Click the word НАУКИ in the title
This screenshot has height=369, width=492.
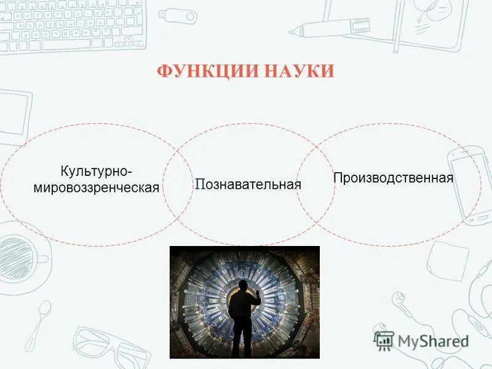(300, 72)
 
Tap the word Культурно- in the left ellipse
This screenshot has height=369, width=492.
(96, 170)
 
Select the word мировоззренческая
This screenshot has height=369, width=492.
(96, 187)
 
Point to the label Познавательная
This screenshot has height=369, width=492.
(248, 184)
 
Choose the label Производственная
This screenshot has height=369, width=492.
(393, 178)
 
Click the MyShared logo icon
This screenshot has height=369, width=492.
(384, 340)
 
